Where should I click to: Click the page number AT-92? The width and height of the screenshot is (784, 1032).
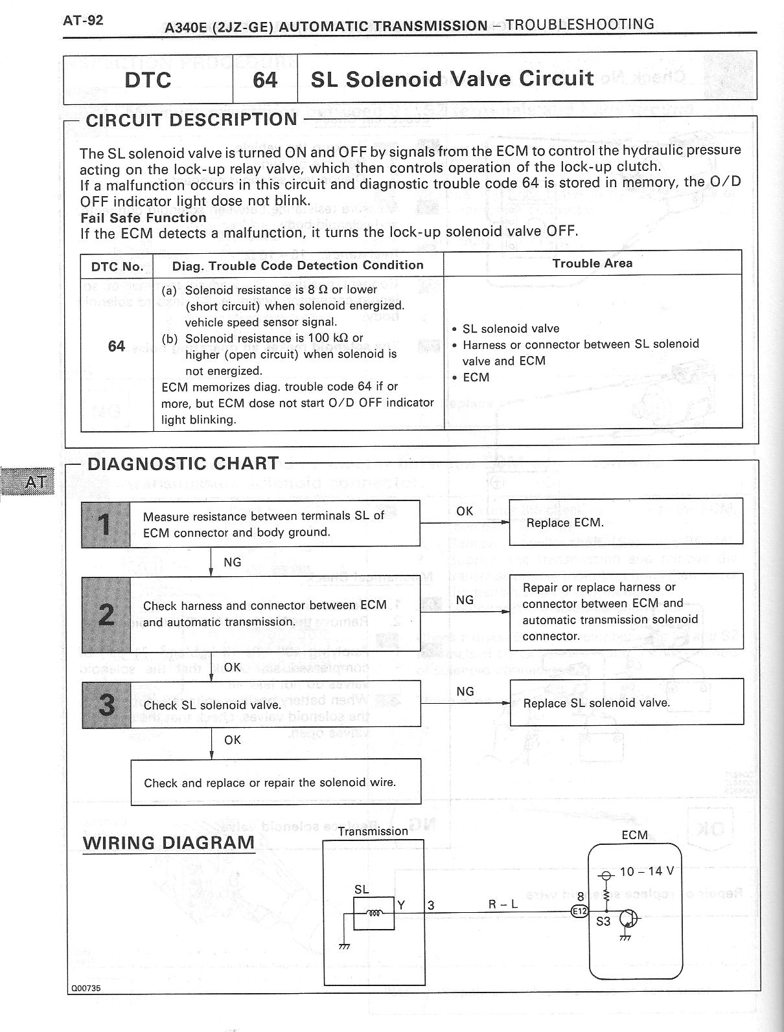tap(83, 20)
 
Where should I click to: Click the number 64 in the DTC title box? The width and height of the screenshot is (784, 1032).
tap(265, 80)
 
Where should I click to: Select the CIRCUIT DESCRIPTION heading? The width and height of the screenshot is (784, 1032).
tap(191, 120)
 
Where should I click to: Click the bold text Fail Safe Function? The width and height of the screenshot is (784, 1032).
tap(143, 218)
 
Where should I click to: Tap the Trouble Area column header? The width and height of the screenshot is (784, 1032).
tap(592, 264)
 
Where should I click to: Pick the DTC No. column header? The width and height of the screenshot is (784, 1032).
tap(117, 266)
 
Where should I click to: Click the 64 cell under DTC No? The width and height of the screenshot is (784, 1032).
tap(117, 346)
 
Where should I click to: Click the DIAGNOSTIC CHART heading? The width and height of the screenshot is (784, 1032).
tap(183, 464)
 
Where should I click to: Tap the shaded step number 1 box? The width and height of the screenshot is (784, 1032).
tap(106, 524)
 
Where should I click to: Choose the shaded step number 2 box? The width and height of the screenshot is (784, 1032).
tap(106, 614)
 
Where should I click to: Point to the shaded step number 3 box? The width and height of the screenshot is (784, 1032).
tap(106, 704)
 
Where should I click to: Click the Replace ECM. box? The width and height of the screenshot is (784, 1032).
tap(626, 522)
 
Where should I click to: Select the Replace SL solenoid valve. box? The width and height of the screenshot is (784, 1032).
tap(627, 702)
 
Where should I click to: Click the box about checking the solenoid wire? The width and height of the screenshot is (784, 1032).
tap(275, 782)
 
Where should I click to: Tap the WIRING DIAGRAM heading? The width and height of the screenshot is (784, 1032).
tap(168, 843)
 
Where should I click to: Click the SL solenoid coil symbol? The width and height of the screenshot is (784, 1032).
tap(375, 913)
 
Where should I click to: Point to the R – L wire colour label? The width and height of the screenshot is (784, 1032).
tap(503, 904)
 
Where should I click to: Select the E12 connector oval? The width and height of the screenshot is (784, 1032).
tap(579, 911)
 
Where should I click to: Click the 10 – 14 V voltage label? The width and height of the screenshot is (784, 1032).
tap(647, 871)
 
